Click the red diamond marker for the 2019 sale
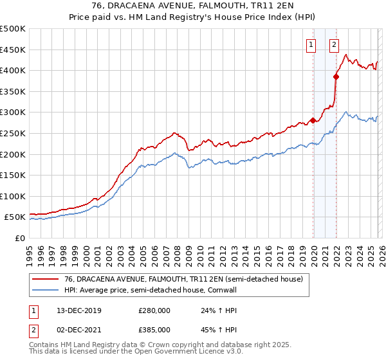313,120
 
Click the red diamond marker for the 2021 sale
335,76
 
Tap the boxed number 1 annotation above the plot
311,45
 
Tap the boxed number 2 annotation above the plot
335,45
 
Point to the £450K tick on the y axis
13,50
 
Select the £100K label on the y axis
13,196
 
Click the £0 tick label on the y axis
21,238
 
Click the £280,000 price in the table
154,310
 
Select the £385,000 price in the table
154,332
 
